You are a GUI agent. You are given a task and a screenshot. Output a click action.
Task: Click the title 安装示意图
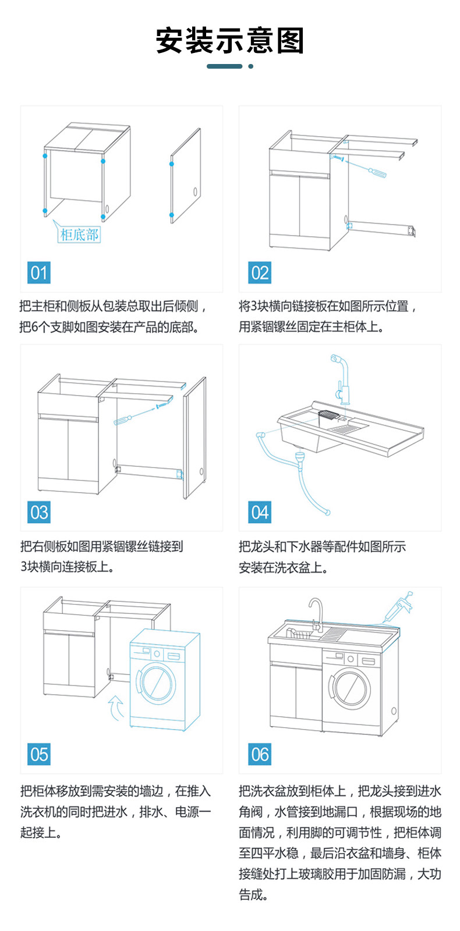point(230,41)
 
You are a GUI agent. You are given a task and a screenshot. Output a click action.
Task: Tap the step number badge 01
point(39,272)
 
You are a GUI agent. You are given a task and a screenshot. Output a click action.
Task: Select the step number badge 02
point(260,272)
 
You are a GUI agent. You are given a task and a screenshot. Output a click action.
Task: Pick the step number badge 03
point(39,512)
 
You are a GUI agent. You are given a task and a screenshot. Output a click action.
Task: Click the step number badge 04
point(260,512)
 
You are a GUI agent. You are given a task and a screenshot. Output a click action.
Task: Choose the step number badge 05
point(39,754)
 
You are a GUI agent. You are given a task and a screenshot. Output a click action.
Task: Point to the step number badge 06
point(260,754)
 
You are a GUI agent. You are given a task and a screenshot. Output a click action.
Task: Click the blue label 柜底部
point(80,234)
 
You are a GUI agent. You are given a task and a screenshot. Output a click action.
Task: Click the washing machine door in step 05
point(156,681)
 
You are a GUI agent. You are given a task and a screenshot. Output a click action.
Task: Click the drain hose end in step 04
point(328,512)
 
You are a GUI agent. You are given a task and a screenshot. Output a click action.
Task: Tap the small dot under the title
point(251,66)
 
